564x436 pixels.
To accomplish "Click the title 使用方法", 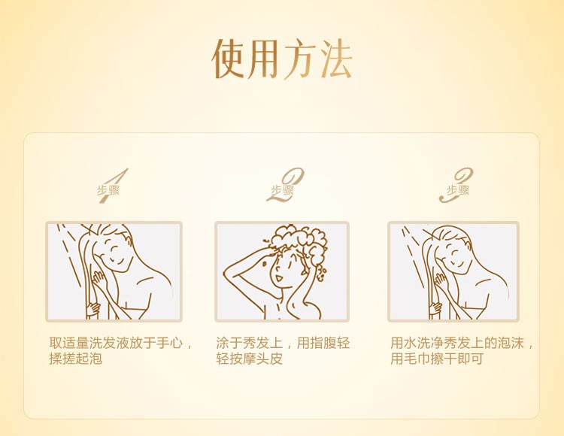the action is [282, 59].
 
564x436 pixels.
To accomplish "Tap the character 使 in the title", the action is [229, 59].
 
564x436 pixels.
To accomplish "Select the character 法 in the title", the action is [335, 59].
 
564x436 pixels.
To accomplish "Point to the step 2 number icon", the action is [286, 185].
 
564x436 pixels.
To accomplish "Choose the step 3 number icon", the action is [456, 185].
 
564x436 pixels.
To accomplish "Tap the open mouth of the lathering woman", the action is [278, 277].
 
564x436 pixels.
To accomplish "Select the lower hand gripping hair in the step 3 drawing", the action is [435, 307].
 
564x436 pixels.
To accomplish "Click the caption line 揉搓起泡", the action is [76, 359].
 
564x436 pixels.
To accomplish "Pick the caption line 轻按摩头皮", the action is [249, 359].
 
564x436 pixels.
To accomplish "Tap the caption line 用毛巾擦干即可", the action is [437, 359].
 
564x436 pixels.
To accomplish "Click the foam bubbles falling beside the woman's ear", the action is [321, 272].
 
